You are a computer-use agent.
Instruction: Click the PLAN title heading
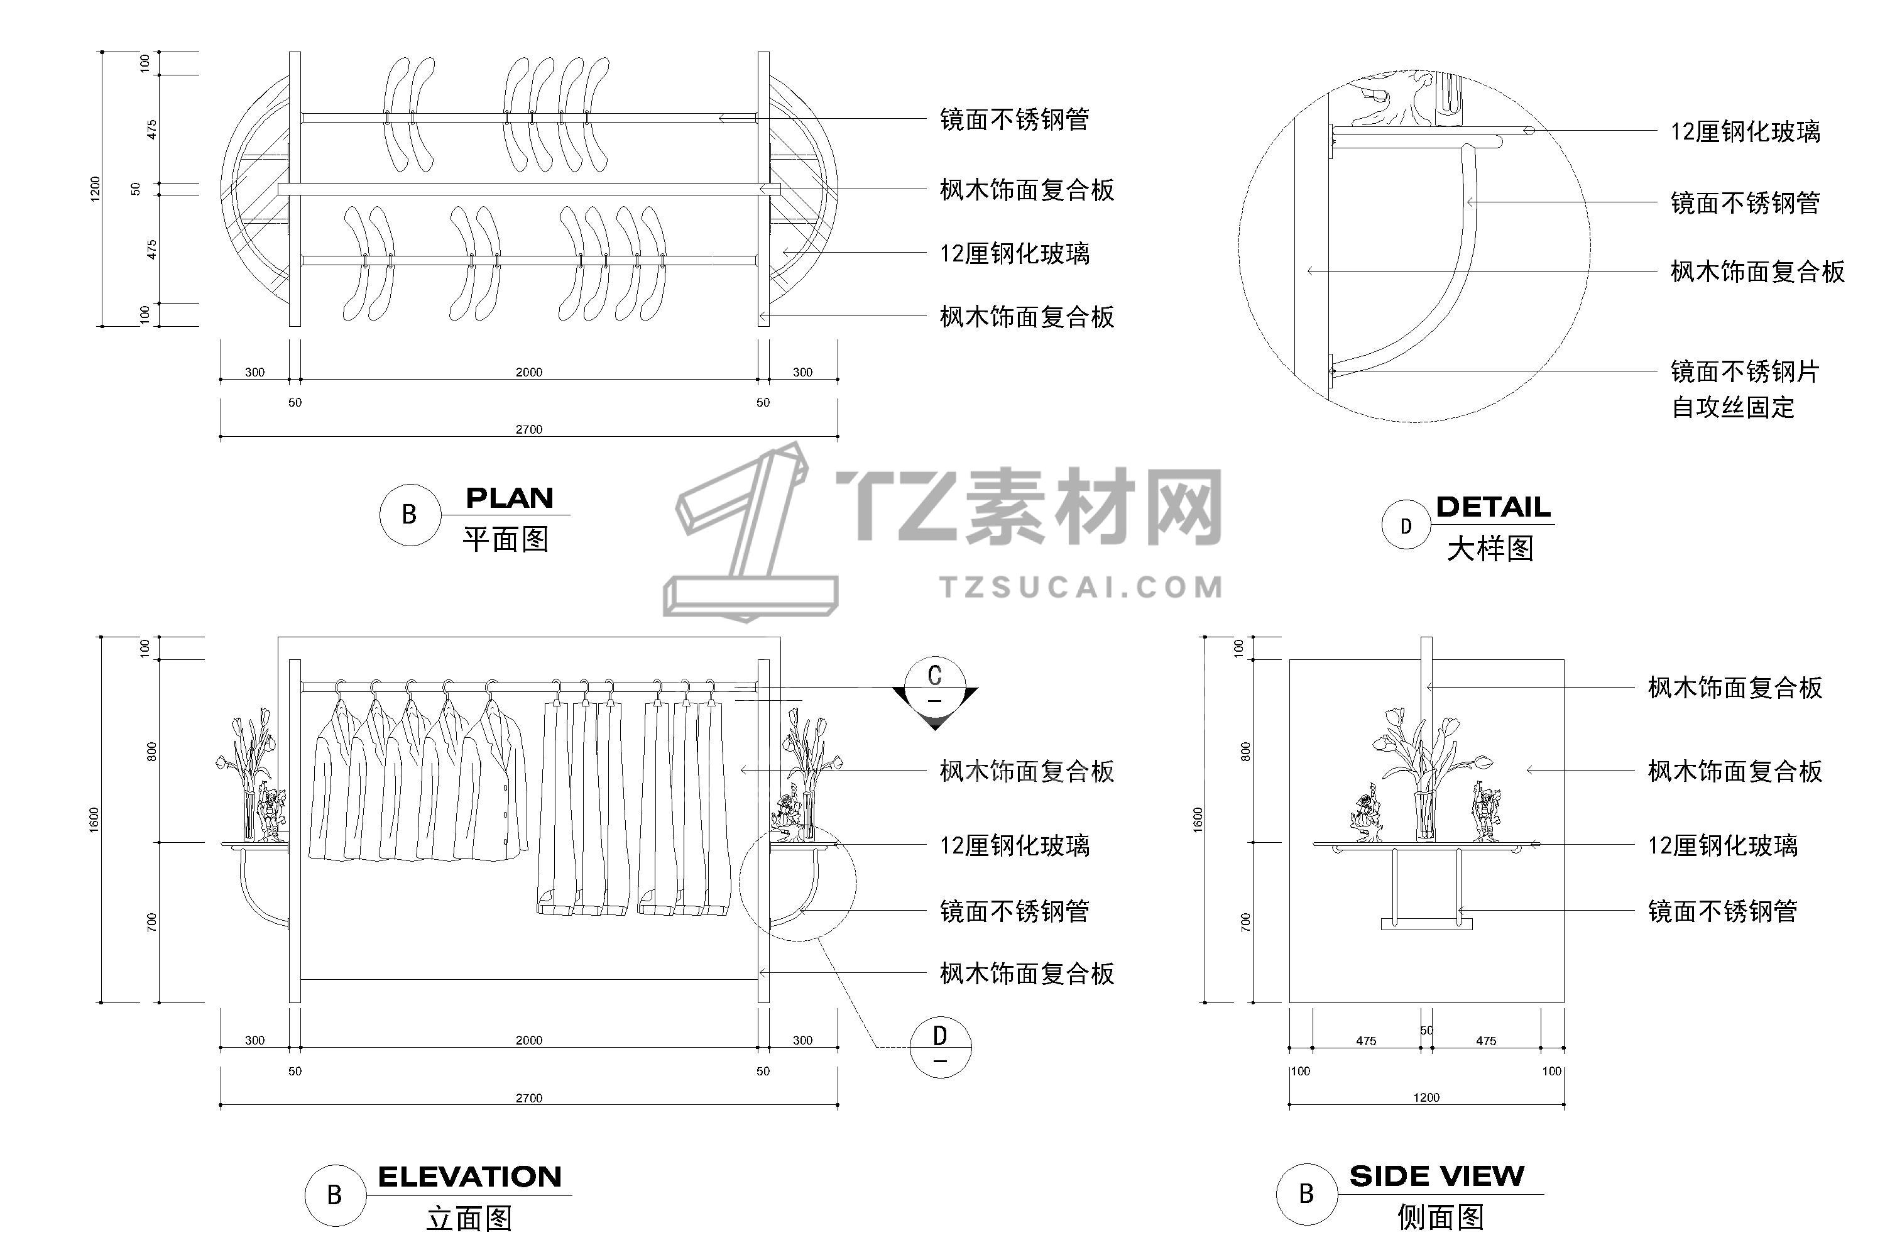coord(510,498)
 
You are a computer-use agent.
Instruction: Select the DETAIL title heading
coord(1493,507)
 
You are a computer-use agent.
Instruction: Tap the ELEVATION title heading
coord(469,1177)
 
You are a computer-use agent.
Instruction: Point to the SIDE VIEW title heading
coord(1437,1176)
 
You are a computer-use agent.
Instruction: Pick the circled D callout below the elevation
coord(941,1047)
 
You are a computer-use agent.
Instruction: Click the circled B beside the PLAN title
coord(410,515)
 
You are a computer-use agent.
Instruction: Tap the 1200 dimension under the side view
coord(1426,1097)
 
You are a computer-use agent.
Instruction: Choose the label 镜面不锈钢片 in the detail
coord(1745,371)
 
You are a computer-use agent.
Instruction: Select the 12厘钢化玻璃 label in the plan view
coord(1015,254)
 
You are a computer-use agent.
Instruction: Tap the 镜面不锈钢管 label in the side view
coord(1722,911)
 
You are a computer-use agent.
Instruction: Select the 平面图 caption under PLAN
coord(506,539)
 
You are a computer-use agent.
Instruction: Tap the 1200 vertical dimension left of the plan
coord(96,189)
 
